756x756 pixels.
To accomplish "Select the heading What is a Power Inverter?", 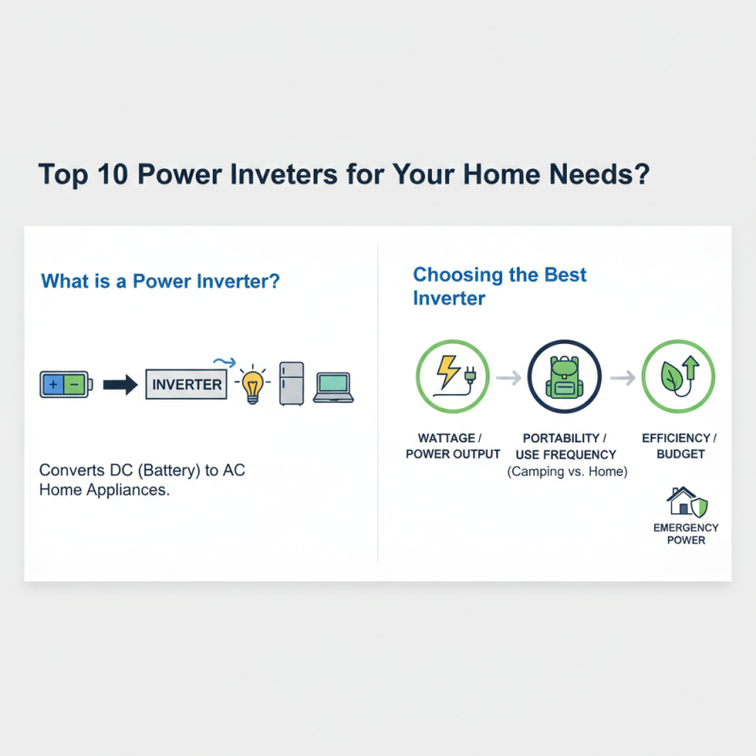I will tap(160, 282).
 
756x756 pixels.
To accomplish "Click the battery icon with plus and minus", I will tap(64, 385).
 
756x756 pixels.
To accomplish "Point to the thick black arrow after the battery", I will tap(120, 385).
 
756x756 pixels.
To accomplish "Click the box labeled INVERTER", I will tap(187, 385).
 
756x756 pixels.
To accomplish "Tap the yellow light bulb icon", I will tap(251, 387).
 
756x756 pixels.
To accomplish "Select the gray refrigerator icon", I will tap(291, 385).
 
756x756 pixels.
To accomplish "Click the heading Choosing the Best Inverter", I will tap(499, 286).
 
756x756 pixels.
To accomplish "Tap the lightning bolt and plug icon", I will tap(453, 377).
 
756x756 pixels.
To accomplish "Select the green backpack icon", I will tap(565, 377).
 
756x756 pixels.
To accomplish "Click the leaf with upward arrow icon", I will tap(679, 377).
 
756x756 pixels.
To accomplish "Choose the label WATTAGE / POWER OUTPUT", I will tap(453, 446).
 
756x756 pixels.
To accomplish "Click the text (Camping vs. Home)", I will tap(567, 471).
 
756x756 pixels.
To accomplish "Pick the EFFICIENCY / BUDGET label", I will tap(679, 446).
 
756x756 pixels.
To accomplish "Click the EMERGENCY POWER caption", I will tap(685, 534).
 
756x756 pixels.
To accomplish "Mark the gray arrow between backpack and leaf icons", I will tap(622, 378).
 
